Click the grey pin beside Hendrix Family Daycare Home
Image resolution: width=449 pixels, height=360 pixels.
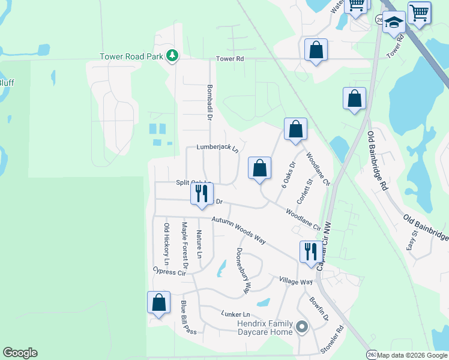click(301, 328)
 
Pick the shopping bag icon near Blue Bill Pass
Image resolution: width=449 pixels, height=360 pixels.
click(158, 302)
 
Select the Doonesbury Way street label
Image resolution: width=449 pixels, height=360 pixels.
click(243, 271)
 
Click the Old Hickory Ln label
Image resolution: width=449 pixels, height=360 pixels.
click(167, 245)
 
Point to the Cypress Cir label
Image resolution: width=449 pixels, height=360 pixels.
click(169, 272)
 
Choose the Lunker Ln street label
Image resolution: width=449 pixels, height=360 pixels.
click(235, 314)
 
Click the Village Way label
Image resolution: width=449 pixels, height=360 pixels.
click(296, 281)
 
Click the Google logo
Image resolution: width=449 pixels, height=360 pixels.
click(20, 353)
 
